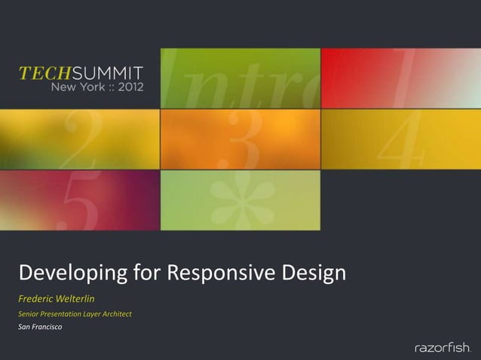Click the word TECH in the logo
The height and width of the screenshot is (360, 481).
[x=42, y=74]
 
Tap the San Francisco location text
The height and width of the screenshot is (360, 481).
[x=41, y=327]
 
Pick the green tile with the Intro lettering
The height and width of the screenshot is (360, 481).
[x=240, y=78]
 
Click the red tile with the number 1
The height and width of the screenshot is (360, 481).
[x=400, y=78]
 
